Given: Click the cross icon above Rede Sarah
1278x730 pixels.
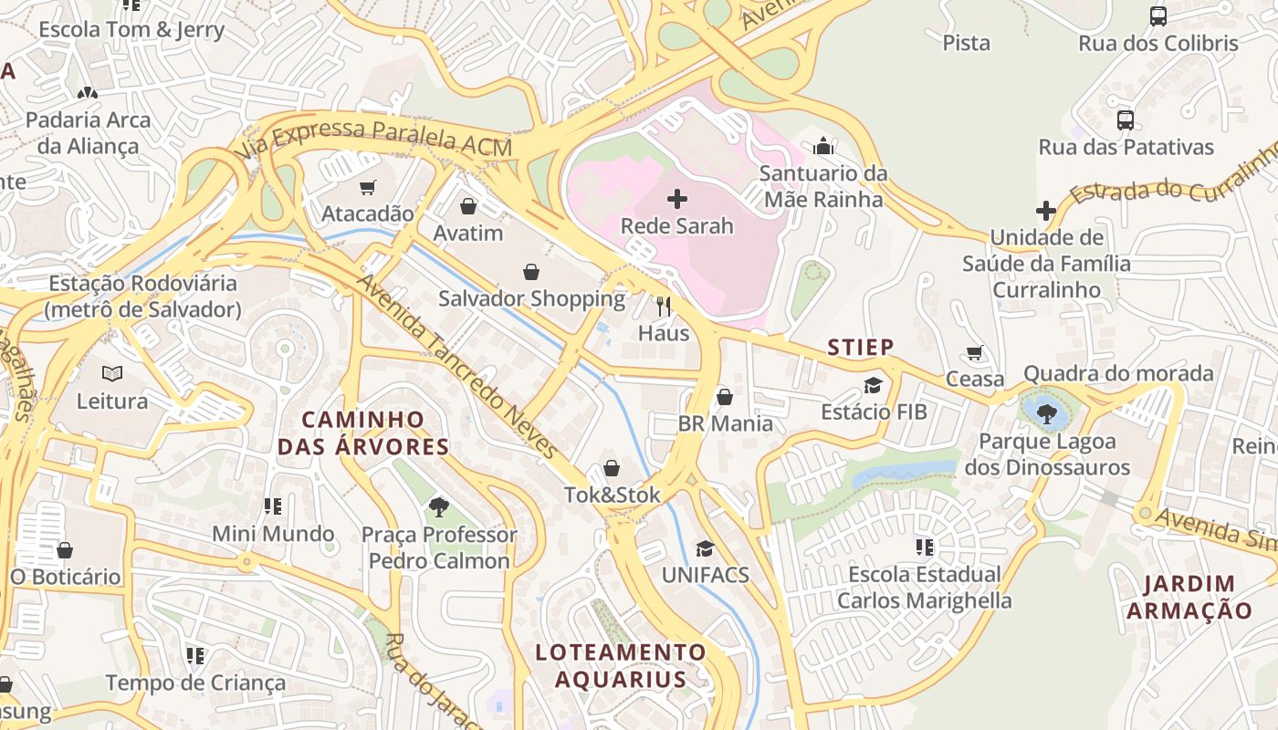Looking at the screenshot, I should click(x=677, y=198).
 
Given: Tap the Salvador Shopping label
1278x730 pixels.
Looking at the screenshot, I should click(x=531, y=298).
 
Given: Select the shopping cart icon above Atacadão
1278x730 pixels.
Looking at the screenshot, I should click(x=368, y=188).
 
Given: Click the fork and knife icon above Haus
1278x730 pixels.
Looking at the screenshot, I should click(x=664, y=307).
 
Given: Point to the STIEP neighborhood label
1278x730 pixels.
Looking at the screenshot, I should click(x=860, y=347).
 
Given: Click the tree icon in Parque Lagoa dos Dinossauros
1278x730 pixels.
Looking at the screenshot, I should click(x=1046, y=414).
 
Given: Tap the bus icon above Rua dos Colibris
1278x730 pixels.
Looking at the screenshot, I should click(x=1158, y=16).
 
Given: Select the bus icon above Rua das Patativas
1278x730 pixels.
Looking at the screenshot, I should click(x=1126, y=120).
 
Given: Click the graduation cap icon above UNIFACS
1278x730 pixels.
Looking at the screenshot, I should click(x=705, y=548).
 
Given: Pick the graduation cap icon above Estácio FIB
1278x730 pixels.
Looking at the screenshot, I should click(x=874, y=385).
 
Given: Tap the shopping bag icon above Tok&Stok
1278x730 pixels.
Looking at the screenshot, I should click(x=612, y=469).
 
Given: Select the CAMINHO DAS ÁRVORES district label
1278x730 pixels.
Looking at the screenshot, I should click(x=363, y=433).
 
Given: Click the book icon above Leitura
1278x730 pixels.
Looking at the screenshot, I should click(x=112, y=374).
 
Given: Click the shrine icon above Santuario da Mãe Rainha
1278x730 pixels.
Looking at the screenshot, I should click(x=823, y=146).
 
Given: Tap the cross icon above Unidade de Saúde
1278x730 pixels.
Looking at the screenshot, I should click(x=1046, y=211).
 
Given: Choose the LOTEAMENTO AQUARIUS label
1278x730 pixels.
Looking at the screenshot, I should click(x=621, y=666).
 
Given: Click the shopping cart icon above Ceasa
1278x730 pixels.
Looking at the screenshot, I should click(x=974, y=353).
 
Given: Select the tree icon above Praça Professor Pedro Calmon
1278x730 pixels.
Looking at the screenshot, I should click(x=439, y=506).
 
